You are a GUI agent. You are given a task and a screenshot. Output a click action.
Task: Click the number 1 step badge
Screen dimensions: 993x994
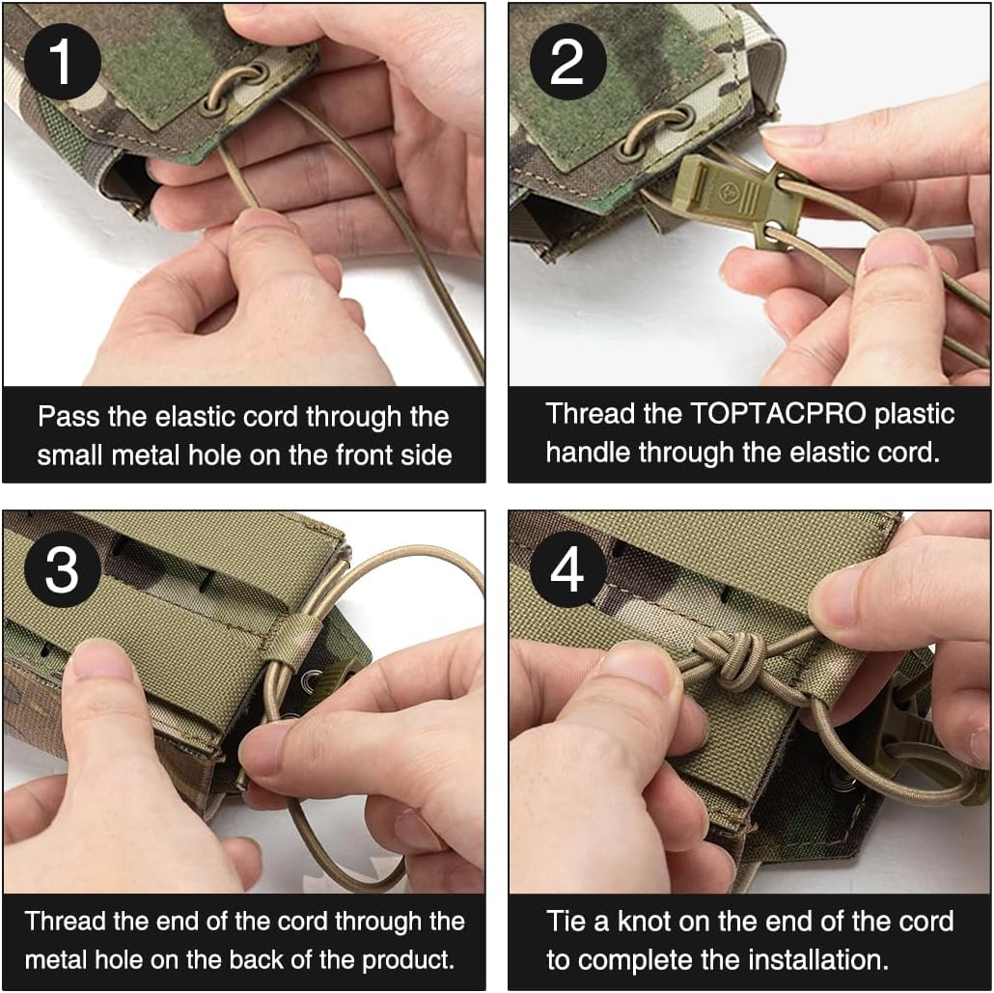(61, 61)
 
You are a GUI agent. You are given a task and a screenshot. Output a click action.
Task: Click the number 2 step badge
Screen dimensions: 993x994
(566, 61)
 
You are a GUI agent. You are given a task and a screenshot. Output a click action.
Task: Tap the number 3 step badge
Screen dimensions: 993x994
(61, 568)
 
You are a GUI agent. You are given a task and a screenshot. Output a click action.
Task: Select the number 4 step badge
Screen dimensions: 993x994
(566, 568)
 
